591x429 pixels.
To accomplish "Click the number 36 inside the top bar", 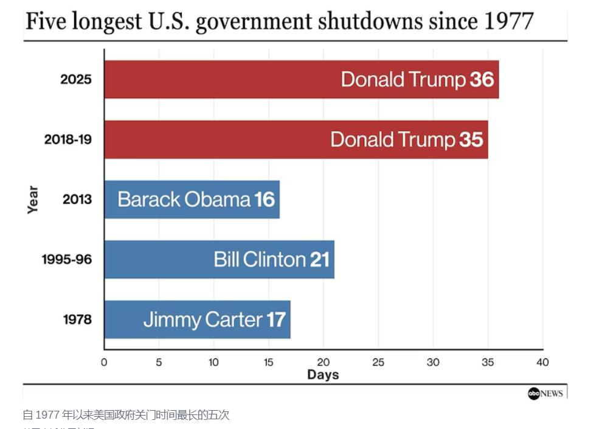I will click(x=482, y=80).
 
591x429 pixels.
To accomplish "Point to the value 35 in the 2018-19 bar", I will click(x=471, y=139).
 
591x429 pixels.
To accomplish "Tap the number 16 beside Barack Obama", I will click(x=264, y=199).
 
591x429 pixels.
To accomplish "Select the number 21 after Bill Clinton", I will click(x=319, y=259).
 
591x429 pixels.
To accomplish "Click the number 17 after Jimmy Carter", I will click(x=275, y=319).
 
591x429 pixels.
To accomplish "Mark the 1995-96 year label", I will click(x=67, y=260).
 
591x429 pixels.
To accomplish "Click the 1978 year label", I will click(x=77, y=319).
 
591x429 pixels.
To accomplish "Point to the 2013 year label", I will click(x=77, y=200).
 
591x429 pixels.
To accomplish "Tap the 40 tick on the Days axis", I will click(x=542, y=363).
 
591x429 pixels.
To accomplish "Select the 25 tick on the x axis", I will click(x=378, y=363).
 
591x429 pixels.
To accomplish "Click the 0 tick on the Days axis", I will click(x=104, y=363).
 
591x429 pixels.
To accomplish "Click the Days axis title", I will click(x=323, y=375).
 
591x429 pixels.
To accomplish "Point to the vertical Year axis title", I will click(x=33, y=200).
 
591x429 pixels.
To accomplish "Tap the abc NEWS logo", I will click(x=545, y=394).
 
